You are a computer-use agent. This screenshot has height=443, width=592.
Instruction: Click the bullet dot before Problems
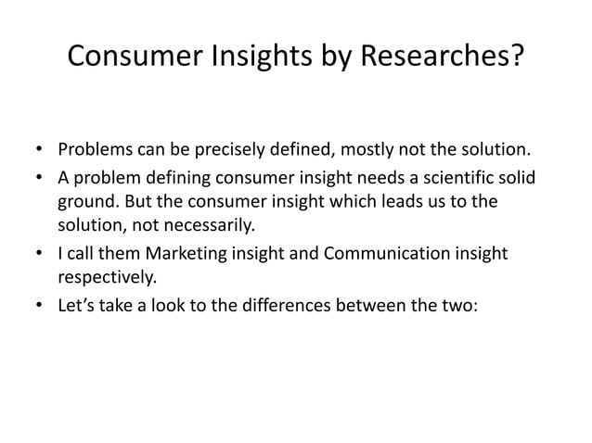(40, 150)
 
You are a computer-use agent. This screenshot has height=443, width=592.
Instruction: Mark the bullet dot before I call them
(40, 253)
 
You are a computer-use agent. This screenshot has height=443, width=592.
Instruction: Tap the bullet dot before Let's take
(40, 303)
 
